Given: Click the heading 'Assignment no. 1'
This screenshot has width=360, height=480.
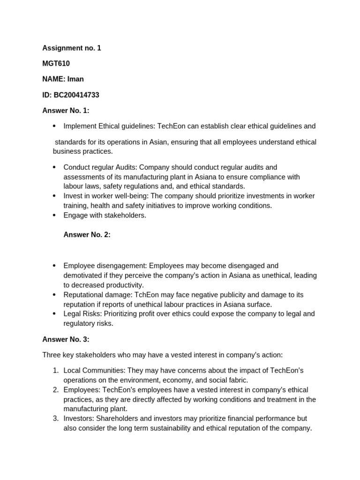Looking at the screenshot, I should point(72,48).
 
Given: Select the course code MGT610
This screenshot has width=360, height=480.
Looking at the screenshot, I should point(56,63).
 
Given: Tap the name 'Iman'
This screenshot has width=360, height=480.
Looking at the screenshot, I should point(75,79).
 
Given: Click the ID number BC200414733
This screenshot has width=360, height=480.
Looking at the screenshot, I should point(76,95).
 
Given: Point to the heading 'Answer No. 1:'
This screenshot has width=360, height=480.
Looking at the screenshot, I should point(66,111).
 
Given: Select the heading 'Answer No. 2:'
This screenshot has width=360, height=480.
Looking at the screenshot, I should point(87,235).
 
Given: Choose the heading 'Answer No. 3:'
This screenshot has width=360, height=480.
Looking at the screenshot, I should point(66,339).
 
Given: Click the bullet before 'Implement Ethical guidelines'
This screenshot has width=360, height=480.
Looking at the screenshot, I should point(54,126).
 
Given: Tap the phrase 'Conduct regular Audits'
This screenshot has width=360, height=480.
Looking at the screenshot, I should point(100,167).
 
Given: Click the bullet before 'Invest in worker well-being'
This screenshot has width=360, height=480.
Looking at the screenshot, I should point(54,196).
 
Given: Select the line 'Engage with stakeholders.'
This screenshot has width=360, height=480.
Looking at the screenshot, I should point(105,215).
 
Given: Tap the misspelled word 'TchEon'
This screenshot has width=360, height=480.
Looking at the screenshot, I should point(147,295).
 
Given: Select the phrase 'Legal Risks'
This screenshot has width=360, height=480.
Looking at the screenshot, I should point(82,314).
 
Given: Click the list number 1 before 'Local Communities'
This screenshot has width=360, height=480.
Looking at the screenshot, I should point(55,371).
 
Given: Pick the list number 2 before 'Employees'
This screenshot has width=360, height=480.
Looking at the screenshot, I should point(55,390).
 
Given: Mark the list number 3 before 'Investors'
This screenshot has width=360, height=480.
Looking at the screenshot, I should point(55,419).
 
